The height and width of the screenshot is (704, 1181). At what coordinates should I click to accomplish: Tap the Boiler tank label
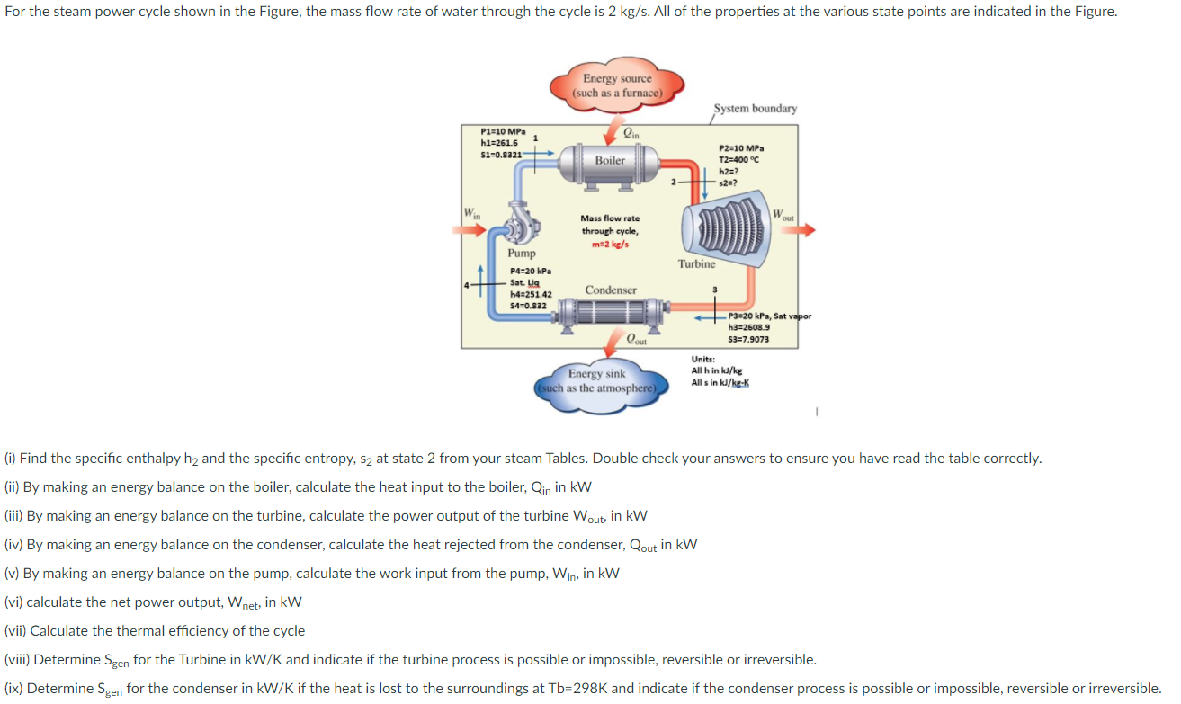coord(609,160)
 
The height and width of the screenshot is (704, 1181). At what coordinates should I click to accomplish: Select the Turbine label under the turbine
coord(697,263)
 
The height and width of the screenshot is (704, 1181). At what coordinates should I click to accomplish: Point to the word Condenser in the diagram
coord(611,290)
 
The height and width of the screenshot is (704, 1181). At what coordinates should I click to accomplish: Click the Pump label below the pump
coord(522,254)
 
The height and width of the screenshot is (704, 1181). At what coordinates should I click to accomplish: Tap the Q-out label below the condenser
coord(637,341)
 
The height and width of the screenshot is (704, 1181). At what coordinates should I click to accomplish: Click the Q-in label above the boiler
coord(632,133)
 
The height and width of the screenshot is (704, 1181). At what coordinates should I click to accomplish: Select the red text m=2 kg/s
coord(611,245)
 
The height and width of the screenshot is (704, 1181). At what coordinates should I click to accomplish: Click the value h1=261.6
coord(500,143)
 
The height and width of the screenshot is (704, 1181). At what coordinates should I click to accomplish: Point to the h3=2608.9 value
coord(748,327)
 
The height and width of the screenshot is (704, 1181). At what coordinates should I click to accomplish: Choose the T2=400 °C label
coord(740,159)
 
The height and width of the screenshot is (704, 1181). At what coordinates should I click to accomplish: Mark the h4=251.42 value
coord(531,294)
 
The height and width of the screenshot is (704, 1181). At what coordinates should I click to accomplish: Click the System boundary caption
coord(755,109)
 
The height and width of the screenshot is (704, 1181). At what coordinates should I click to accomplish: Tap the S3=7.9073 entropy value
coord(748,339)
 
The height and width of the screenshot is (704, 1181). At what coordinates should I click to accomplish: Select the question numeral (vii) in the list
coord(15,630)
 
